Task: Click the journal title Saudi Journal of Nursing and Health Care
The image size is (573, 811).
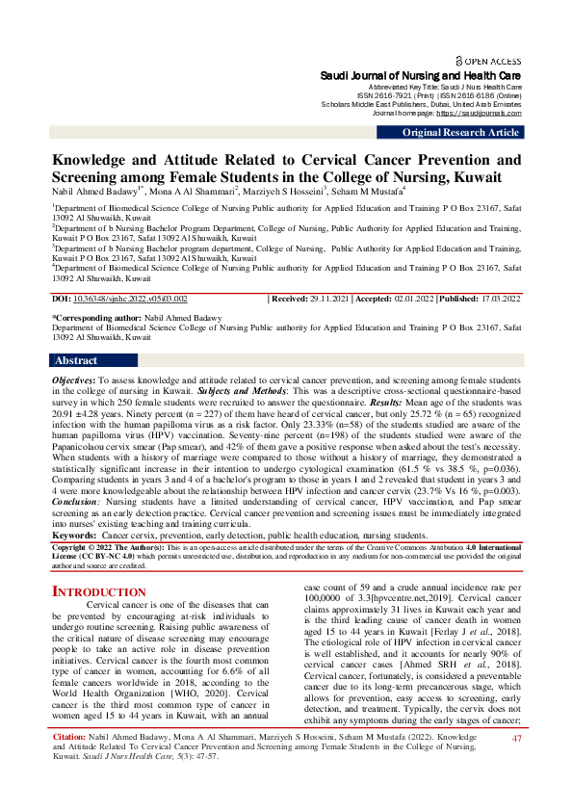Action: click(x=421, y=74)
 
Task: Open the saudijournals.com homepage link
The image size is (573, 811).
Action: click(x=480, y=114)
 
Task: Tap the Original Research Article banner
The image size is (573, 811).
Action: click(x=461, y=133)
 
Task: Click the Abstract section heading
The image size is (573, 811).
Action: click(x=75, y=361)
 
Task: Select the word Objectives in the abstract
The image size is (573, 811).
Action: click(x=71, y=380)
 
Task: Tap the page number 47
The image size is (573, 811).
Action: click(x=516, y=766)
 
